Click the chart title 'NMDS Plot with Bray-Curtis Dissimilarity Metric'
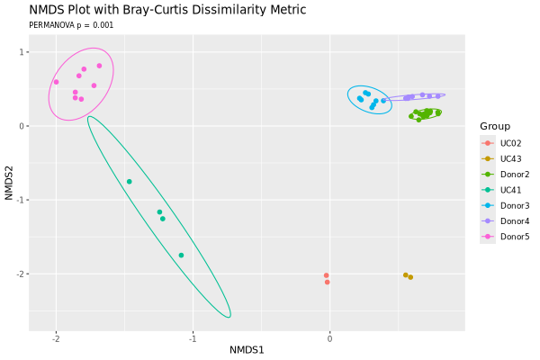[x=167, y=10]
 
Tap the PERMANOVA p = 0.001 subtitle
[x=71, y=25]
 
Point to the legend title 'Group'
[x=495, y=126]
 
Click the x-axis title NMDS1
[x=247, y=350]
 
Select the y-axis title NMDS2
[x=9, y=183]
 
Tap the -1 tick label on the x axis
[x=193, y=339]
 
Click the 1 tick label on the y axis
[x=22, y=52]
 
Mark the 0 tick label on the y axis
[x=22, y=126]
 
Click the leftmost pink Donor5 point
[x=56, y=82]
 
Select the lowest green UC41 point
[x=181, y=256]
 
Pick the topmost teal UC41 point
[x=129, y=182]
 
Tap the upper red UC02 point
[x=326, y=275]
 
